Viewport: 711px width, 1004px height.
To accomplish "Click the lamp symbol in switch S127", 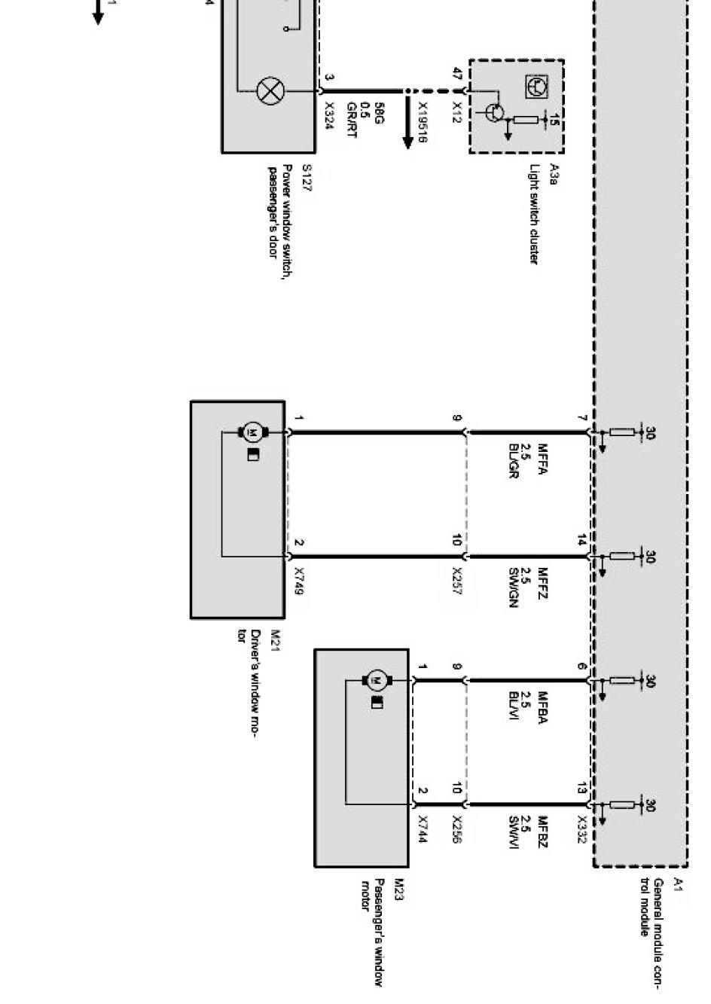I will pos(270,91).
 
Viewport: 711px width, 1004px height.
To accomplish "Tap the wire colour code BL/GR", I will pos(514,462).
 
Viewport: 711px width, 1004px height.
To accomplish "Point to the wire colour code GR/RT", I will pos(351,120).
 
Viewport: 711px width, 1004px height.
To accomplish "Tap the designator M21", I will pos(275,636).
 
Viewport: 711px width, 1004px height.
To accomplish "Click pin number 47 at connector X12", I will pos(456,74).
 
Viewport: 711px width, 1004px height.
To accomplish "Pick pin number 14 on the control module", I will pos(581,540).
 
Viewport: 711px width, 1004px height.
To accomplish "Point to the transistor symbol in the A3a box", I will pos(494,112).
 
